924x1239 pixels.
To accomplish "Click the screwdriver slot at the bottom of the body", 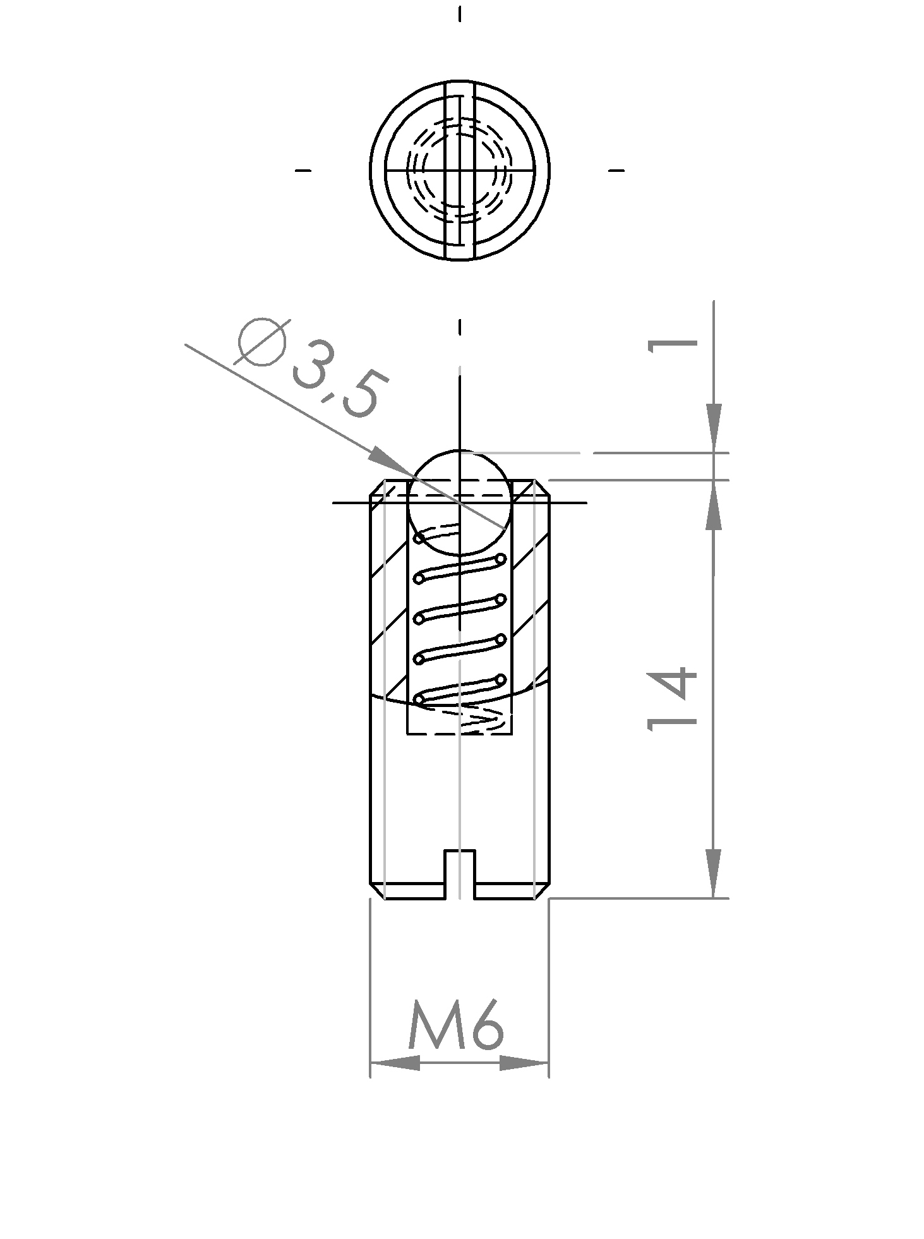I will pos(459,875).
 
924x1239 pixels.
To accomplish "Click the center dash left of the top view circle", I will pos(303,170).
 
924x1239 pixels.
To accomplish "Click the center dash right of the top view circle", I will pos(616,170).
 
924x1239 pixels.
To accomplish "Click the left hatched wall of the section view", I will pos(389,619).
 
